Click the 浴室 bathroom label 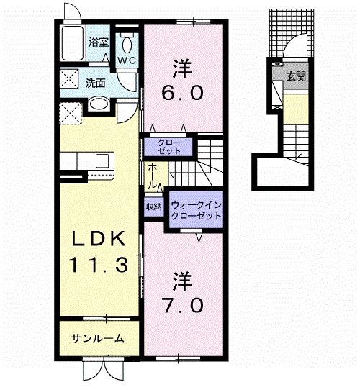click(x=99, y=42)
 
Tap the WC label click(x=127, y=60)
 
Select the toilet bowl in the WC click(x=127, y=46)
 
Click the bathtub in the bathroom click(x=73, y=42)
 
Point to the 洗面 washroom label click(x=96, y=83)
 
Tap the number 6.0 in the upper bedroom click(x=182, y=93)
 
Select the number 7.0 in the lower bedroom click(x=182, y=305)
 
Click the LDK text click(x=99, y=238)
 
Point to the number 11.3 click(x=99, y=264)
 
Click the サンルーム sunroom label click(x=97, y=338)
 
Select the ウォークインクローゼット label click(x=196, y=210)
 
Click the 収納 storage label click(x=154, y=207)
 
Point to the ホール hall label click(x=153, y=176)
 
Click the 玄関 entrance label click(x=295, y=76)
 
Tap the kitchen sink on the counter click(x=102, y=161)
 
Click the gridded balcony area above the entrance click(x=292, y=32)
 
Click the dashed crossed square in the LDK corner click(x=71, y=113)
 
